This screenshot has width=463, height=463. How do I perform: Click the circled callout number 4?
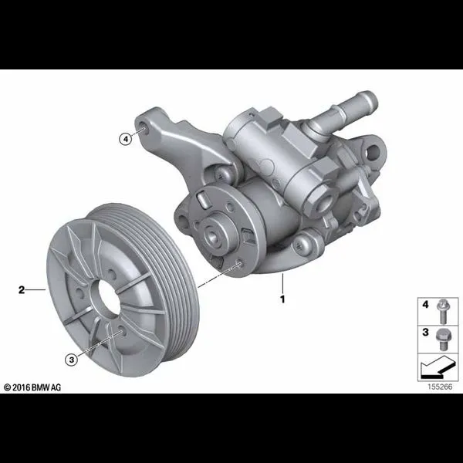pyautogui.click(x=126, y=138)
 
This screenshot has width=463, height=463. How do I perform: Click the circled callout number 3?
pyautogui.click(x=72, y=360)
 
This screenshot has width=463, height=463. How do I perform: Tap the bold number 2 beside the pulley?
pyautogui.click(x=22, y=289)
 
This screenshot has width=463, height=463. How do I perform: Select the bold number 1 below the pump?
pyautogui.click(x=282, y=299)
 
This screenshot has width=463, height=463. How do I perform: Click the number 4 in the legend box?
pyautogui.click(x=425, y=304)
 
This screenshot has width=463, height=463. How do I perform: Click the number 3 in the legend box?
pyautogui.click(x=425, y=332)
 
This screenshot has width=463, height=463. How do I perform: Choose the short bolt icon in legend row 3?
pyautogui.click(x=442, y=340)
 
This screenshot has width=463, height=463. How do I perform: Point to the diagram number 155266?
pyautogui.click(x=440, y=387)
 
